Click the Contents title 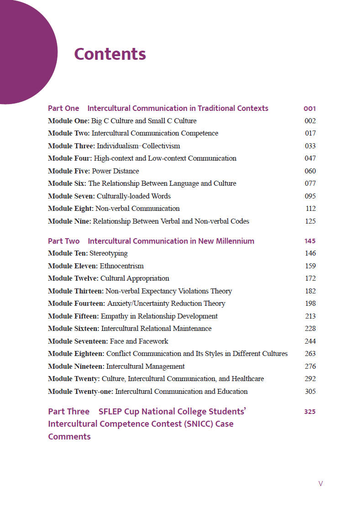click(x=110, y=54)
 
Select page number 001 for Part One click(x=310, y=109)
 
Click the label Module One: click(x=68, y=121)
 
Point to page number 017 click(x=310, y=133)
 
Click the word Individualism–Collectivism click(x=138, y=146)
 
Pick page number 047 click(x=310, y=158)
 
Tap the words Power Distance click(x=115, y=171)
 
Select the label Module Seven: click(x=71, y=196)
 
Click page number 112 click(x=311, y=209)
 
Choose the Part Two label click(x=63, y=241)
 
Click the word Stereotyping click(x=109, y=253)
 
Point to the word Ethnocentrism click(x=121, y=266)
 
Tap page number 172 click(x=310, y=278)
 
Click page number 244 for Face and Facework click(x=310, y=341)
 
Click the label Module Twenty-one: click(x=80, y=392)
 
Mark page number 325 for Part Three click(x=310, y=412)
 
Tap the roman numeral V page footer click(x=321, y=484)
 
